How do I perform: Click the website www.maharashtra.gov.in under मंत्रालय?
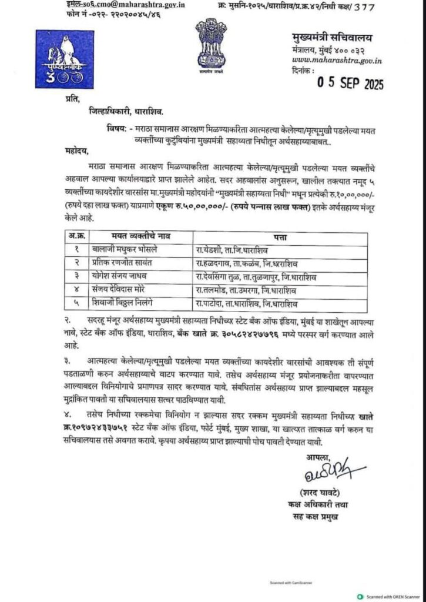coord(337,59)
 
